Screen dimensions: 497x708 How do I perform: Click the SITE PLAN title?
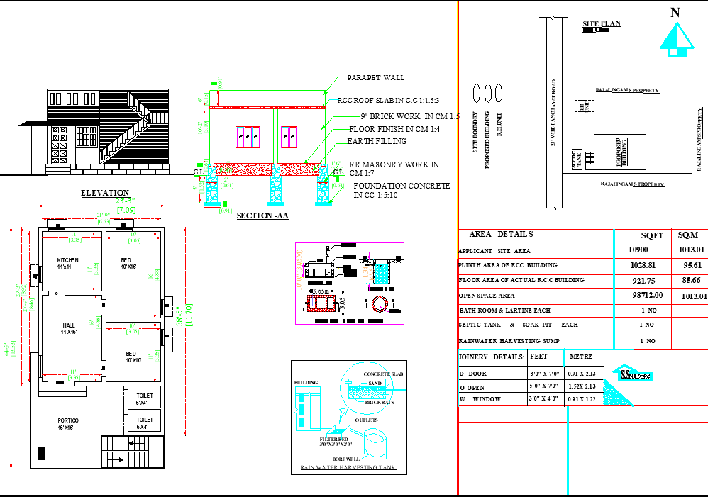[601, 24]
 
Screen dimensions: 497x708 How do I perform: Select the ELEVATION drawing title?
[105, 193]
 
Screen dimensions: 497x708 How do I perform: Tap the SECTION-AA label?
[262, 216]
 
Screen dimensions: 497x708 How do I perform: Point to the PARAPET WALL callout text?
[375, 77]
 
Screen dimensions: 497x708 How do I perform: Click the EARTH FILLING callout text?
[377, 141]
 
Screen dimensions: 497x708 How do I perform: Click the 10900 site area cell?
[638, 250]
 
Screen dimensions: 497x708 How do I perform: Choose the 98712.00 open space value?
[645, 295]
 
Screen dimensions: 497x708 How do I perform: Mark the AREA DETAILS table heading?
[501, 234]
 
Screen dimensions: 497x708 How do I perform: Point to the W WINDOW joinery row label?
[480, 399]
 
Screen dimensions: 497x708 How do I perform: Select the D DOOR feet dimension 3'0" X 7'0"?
[544, 373]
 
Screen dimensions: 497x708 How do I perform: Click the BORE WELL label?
[348, 459]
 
